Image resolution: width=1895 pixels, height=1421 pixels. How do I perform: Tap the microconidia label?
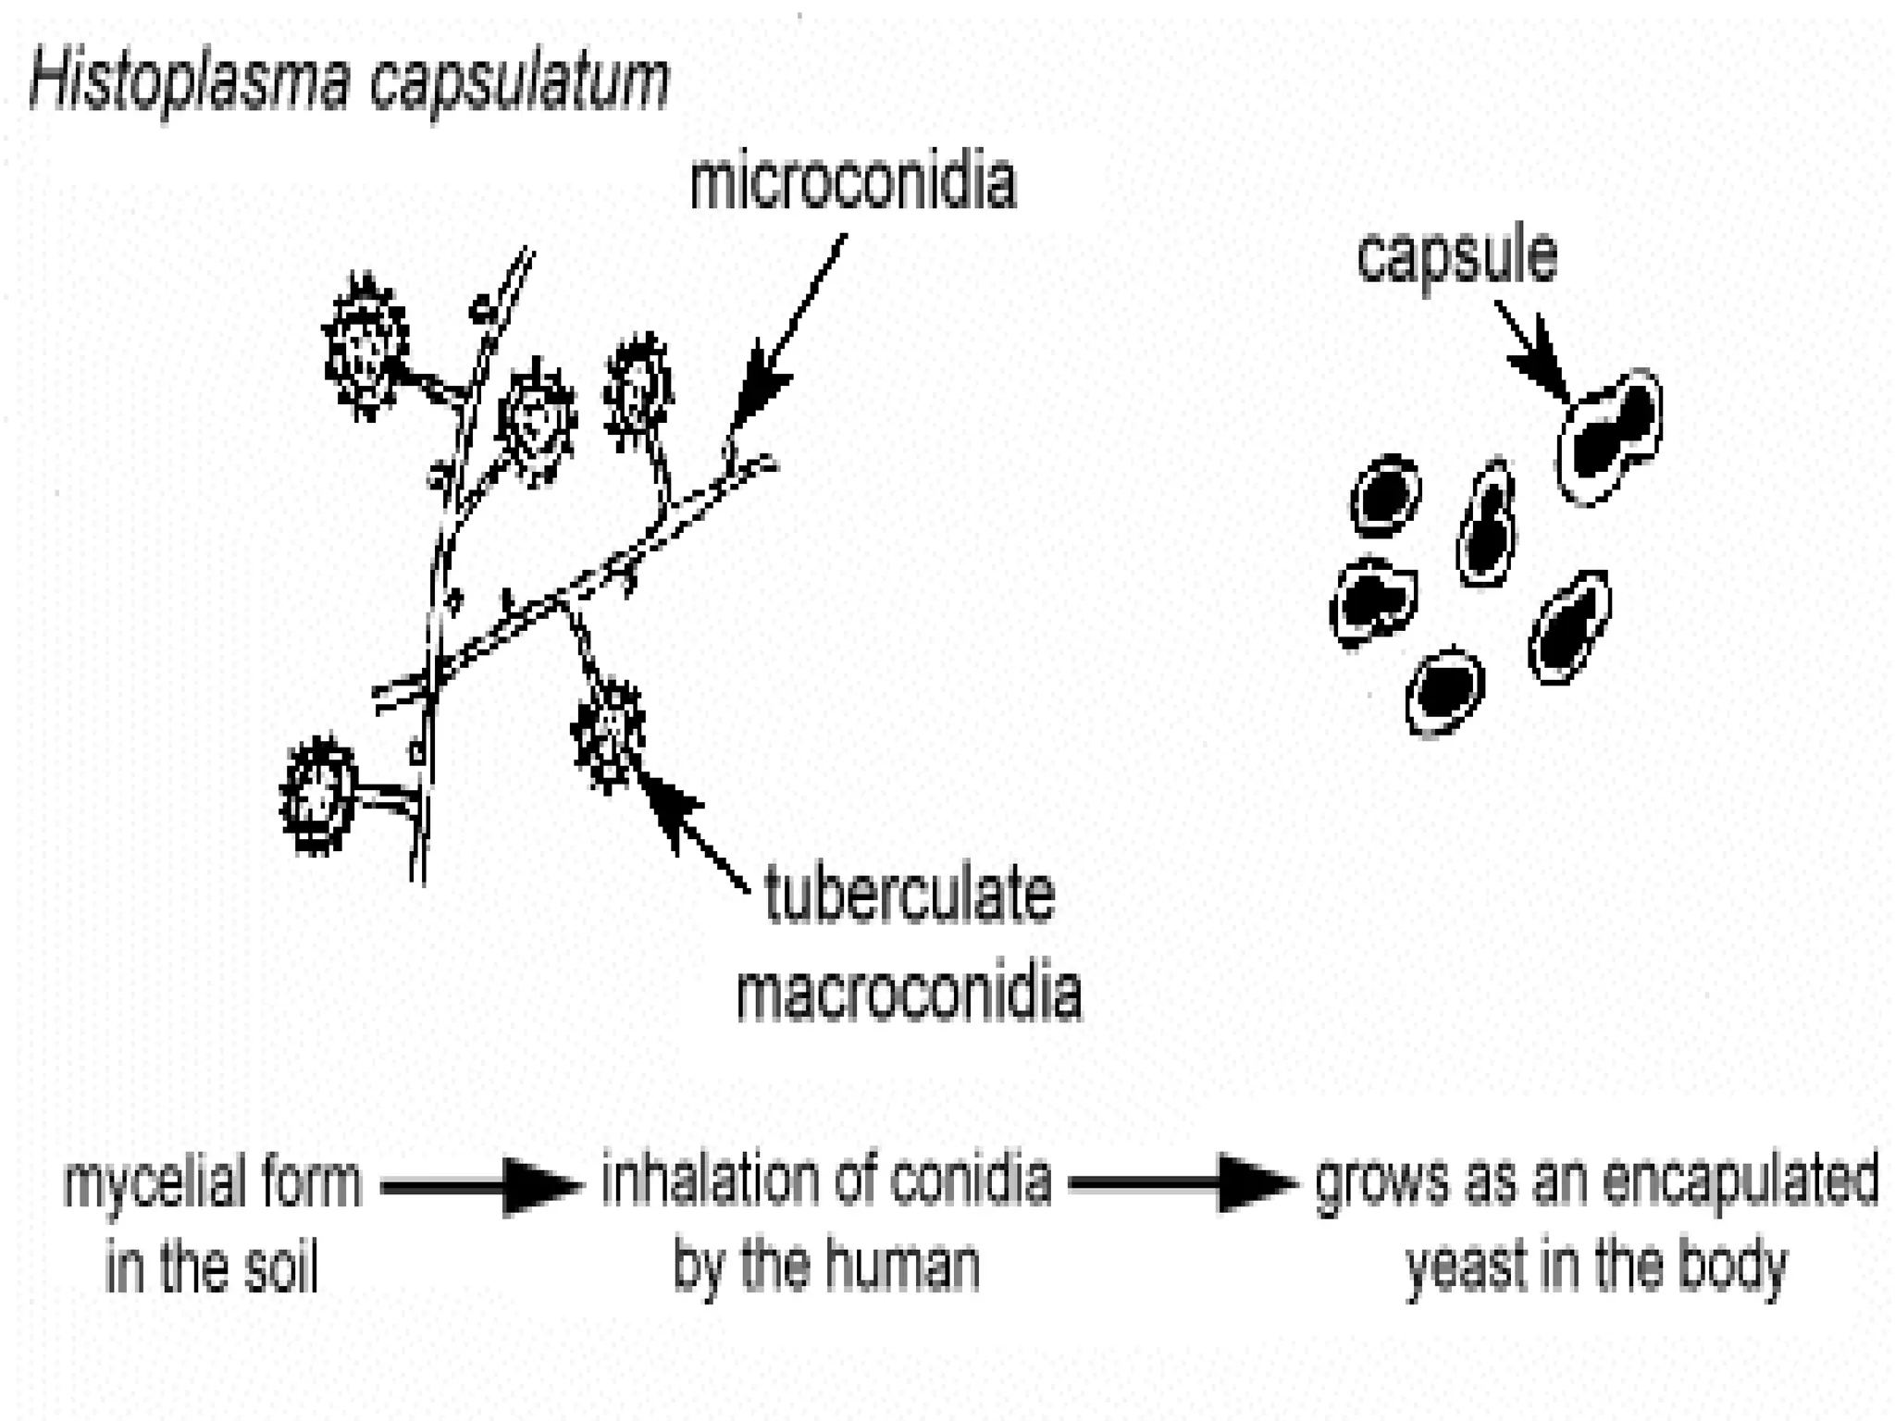tap(852, 184)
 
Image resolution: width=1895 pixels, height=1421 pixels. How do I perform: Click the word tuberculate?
tap(910, 896)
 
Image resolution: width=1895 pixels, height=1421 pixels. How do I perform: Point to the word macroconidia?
tap(910, 995)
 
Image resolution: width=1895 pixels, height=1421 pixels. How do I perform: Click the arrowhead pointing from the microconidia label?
tap(764, 389)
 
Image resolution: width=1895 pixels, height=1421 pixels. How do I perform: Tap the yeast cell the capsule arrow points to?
tap(1611, 436)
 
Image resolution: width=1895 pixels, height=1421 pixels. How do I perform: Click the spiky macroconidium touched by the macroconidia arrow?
tap(608, 735)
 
